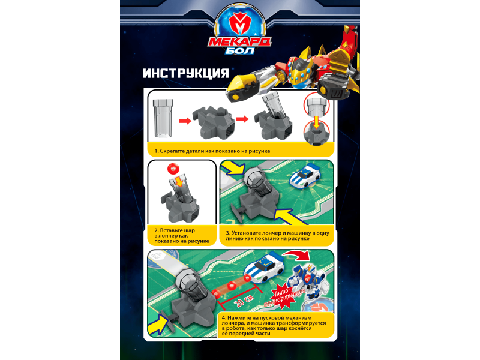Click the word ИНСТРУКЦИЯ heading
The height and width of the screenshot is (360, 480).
[186, 73]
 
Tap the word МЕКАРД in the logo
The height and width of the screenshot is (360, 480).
[239, 41]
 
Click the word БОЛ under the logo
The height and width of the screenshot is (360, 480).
[240, 50]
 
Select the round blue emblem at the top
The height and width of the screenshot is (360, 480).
[240, 25]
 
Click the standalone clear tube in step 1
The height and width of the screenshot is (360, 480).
[163, 118]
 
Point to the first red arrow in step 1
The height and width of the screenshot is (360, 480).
[185, 121]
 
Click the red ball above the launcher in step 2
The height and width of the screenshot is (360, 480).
[173, 169]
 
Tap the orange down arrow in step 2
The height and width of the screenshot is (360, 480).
[179, 182]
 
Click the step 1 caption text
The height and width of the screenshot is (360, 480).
[212, 151]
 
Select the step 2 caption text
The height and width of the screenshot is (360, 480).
[182, 236]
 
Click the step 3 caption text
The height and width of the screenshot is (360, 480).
[277, 236]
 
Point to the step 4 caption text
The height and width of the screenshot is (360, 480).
[274, 326]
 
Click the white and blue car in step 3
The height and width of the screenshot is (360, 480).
[305, 176]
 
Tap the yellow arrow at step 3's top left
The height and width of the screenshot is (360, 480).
[233, 169]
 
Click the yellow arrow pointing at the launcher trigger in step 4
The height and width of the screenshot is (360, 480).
[158, 324]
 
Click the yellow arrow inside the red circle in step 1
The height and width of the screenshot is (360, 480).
[317, 122]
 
